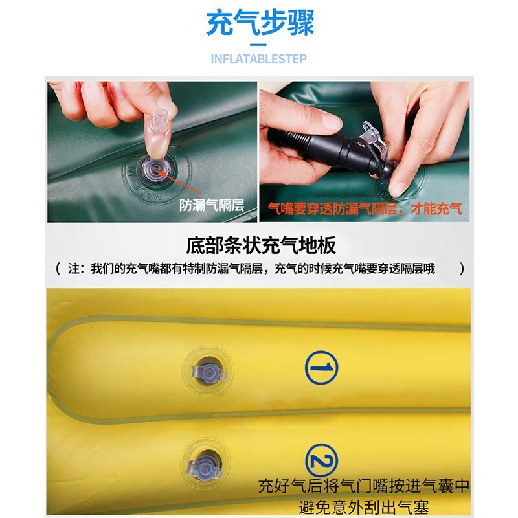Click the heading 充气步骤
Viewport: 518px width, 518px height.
coord(260,24)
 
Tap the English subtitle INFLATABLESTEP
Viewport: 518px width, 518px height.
coord(259,59)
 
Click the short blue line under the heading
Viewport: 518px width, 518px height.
coord(259,44)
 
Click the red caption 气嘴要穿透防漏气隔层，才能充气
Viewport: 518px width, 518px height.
coord(365,208)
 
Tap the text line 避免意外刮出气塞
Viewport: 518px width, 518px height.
coord(363,507)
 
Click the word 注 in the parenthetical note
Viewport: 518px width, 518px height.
coord(74,269)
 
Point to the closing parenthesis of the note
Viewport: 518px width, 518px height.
coord(462,269)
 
